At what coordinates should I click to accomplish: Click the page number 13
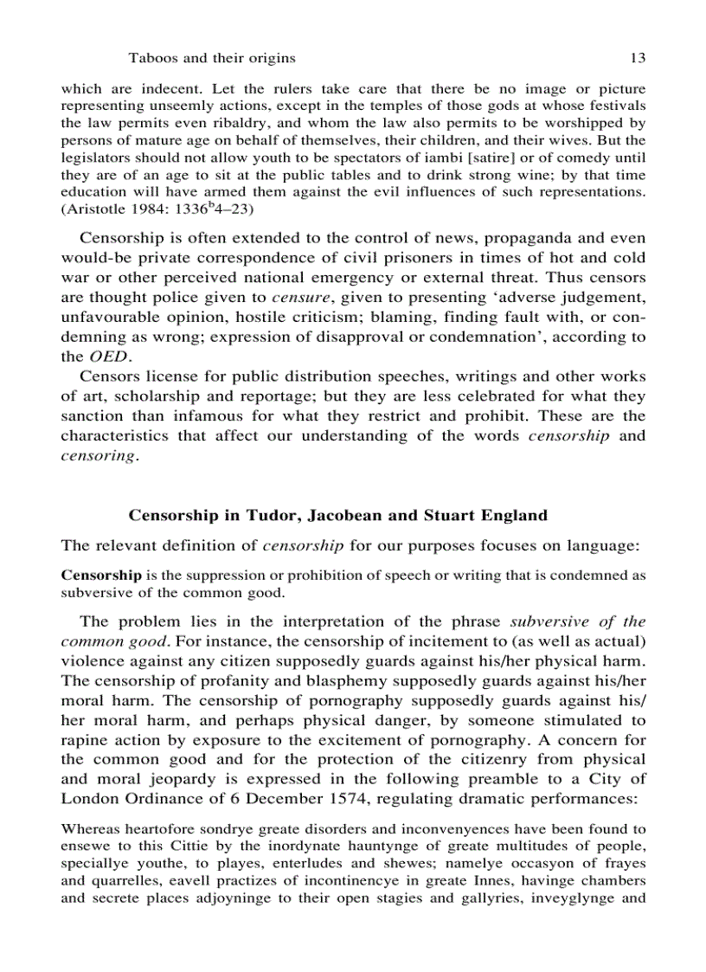[x=638, y=58]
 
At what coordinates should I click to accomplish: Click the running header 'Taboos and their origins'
[x=212, y=58]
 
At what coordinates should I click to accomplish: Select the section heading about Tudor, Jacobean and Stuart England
[x=337, y=515]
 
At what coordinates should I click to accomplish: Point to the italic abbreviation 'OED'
[x=109, y=356]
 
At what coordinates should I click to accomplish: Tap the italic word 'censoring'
[x=99, y=455]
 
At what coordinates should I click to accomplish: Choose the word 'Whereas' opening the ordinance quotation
[x=86, y=829]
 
